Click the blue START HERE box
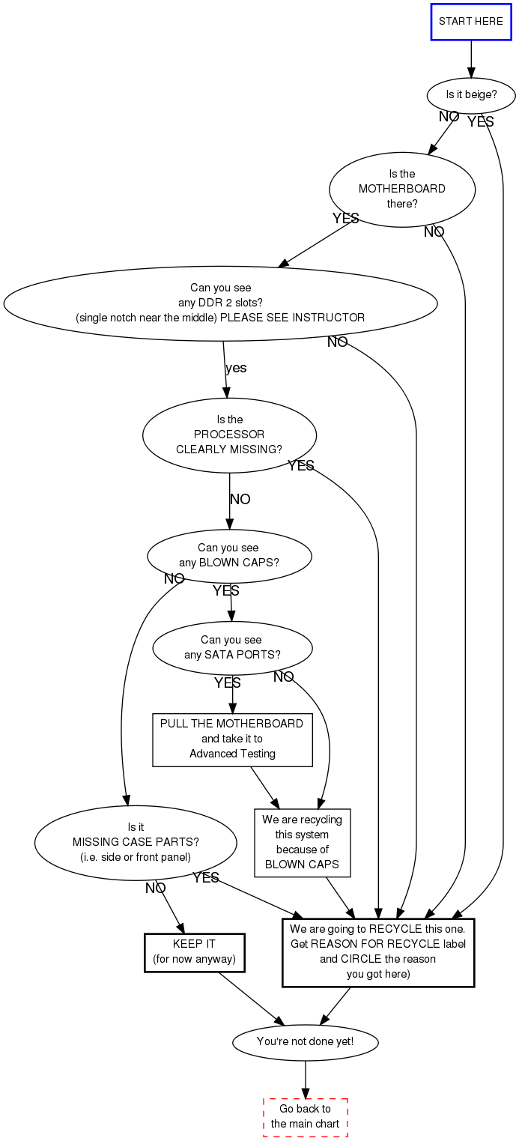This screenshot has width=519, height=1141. pyautogui.click(x=471, y=21)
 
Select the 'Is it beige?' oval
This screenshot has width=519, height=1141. pyautogui.click(x=471, y=95)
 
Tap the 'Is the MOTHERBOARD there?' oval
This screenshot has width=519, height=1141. pyautogui.click(x=402, y=189)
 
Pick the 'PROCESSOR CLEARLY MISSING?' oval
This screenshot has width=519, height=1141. pyautogui.click(x=229, y=435)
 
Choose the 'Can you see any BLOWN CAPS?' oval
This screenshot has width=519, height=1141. pyautogui.click(x=229, y=555)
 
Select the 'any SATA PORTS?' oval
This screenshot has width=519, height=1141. pyautogui.click(x=232, y=647)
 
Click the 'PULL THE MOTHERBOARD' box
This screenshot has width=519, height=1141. pyautogui.click(x=232, y=739)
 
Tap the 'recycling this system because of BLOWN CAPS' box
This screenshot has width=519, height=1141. pyautogui.click(x=302, y=842)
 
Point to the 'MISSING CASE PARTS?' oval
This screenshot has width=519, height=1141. pyautogui.click(x=136, y=842)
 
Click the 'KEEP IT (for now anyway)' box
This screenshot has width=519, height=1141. pyautogui.click(x=194, y=951)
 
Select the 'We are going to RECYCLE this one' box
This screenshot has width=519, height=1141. pyautogui.click(x=378, y=951)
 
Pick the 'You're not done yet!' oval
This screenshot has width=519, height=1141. pyautogui.click(x=305, y=1041)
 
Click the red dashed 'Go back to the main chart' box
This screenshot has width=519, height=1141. pyautogui.click(x=305, y=1116)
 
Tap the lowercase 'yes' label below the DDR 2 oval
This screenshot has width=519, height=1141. pyautogui.click(x=236, y=368)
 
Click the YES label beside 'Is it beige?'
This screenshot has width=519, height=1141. pyautogui.click(x=481, y=121)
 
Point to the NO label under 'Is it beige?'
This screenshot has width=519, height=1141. pyautogui.click(x=449, y=117)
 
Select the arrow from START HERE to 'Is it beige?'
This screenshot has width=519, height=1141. pyautogui.click(x=471, y=58)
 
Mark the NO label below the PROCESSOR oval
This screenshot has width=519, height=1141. pyautogui.click(x=240, y=500)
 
